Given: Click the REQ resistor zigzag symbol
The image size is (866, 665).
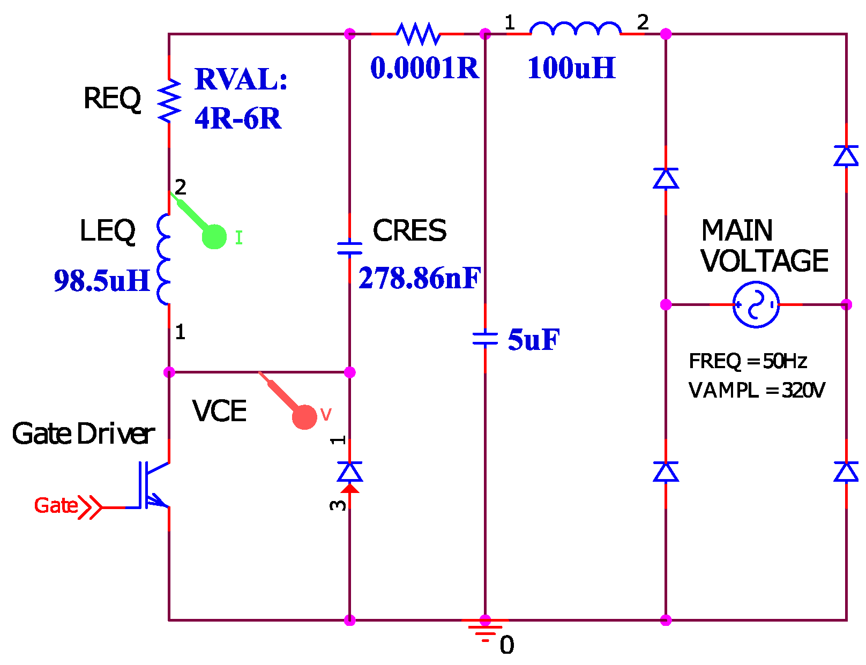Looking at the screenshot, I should coord(169,100).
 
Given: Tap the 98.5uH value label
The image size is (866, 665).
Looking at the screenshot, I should coord(102,281).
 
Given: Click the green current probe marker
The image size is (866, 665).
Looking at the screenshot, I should coord(214,236).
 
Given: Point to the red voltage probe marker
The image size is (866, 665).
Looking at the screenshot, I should coord(304,416).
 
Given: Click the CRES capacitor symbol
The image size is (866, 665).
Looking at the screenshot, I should coord(349,248).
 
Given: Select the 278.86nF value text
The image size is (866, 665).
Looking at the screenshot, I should coord(419,278).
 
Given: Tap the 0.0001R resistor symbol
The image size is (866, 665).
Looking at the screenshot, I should coord(418,34).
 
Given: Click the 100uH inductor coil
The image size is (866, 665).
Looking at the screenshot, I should coord(575,29).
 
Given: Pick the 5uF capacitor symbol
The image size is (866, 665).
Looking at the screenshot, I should coord(485,338).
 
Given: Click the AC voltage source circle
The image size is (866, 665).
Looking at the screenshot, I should coord(756,304).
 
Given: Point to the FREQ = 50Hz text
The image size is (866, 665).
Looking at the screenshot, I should coord(748,361).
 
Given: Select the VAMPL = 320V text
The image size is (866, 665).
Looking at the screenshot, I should coord(756,390).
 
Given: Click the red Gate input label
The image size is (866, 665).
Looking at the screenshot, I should coord(56,505).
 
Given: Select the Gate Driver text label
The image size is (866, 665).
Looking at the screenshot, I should coord(83,434).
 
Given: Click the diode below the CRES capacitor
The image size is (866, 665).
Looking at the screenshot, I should coord(349,472).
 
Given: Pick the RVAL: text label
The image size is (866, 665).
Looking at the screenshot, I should coord(241,79).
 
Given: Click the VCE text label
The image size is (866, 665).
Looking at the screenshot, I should coord(219,411).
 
